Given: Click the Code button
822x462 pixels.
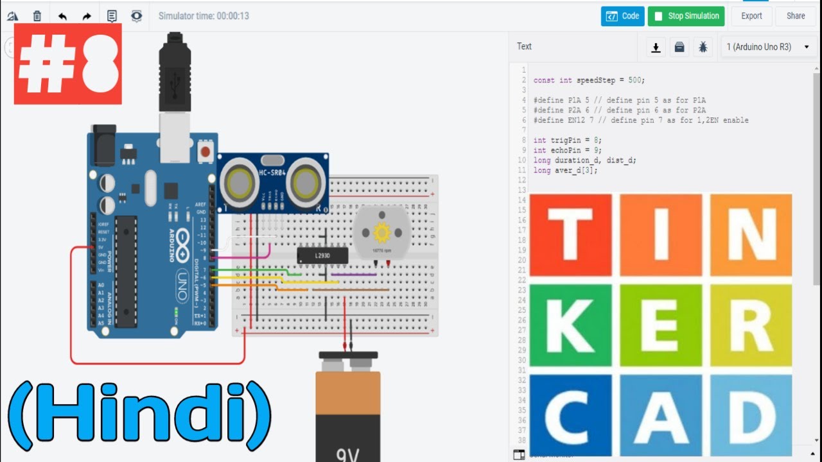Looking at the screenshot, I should tap(622, 16).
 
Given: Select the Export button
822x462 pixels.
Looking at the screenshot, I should tap(751, 16).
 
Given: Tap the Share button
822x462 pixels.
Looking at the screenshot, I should tap(796, 16).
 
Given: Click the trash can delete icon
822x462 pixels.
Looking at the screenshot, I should tap(37, 16).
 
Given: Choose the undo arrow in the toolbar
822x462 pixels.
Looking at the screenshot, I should tap(62, 16).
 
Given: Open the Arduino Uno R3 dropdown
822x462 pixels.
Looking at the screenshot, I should tap(768, 47).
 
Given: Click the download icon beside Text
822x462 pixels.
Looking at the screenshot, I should tap(656, 47).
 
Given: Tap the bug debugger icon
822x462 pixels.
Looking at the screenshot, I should tap(703, 47).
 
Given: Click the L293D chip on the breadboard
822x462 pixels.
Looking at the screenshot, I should tap(322, 255).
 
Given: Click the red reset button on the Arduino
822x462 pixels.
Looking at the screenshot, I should tap(205, 152).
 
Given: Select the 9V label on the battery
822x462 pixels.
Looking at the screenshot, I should tap(348, 454).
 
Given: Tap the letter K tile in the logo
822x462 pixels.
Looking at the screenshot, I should tap(570, 325).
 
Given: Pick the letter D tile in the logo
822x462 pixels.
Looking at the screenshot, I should tap(751, 415).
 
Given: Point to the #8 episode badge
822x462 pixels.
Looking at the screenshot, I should tap(67, 64).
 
